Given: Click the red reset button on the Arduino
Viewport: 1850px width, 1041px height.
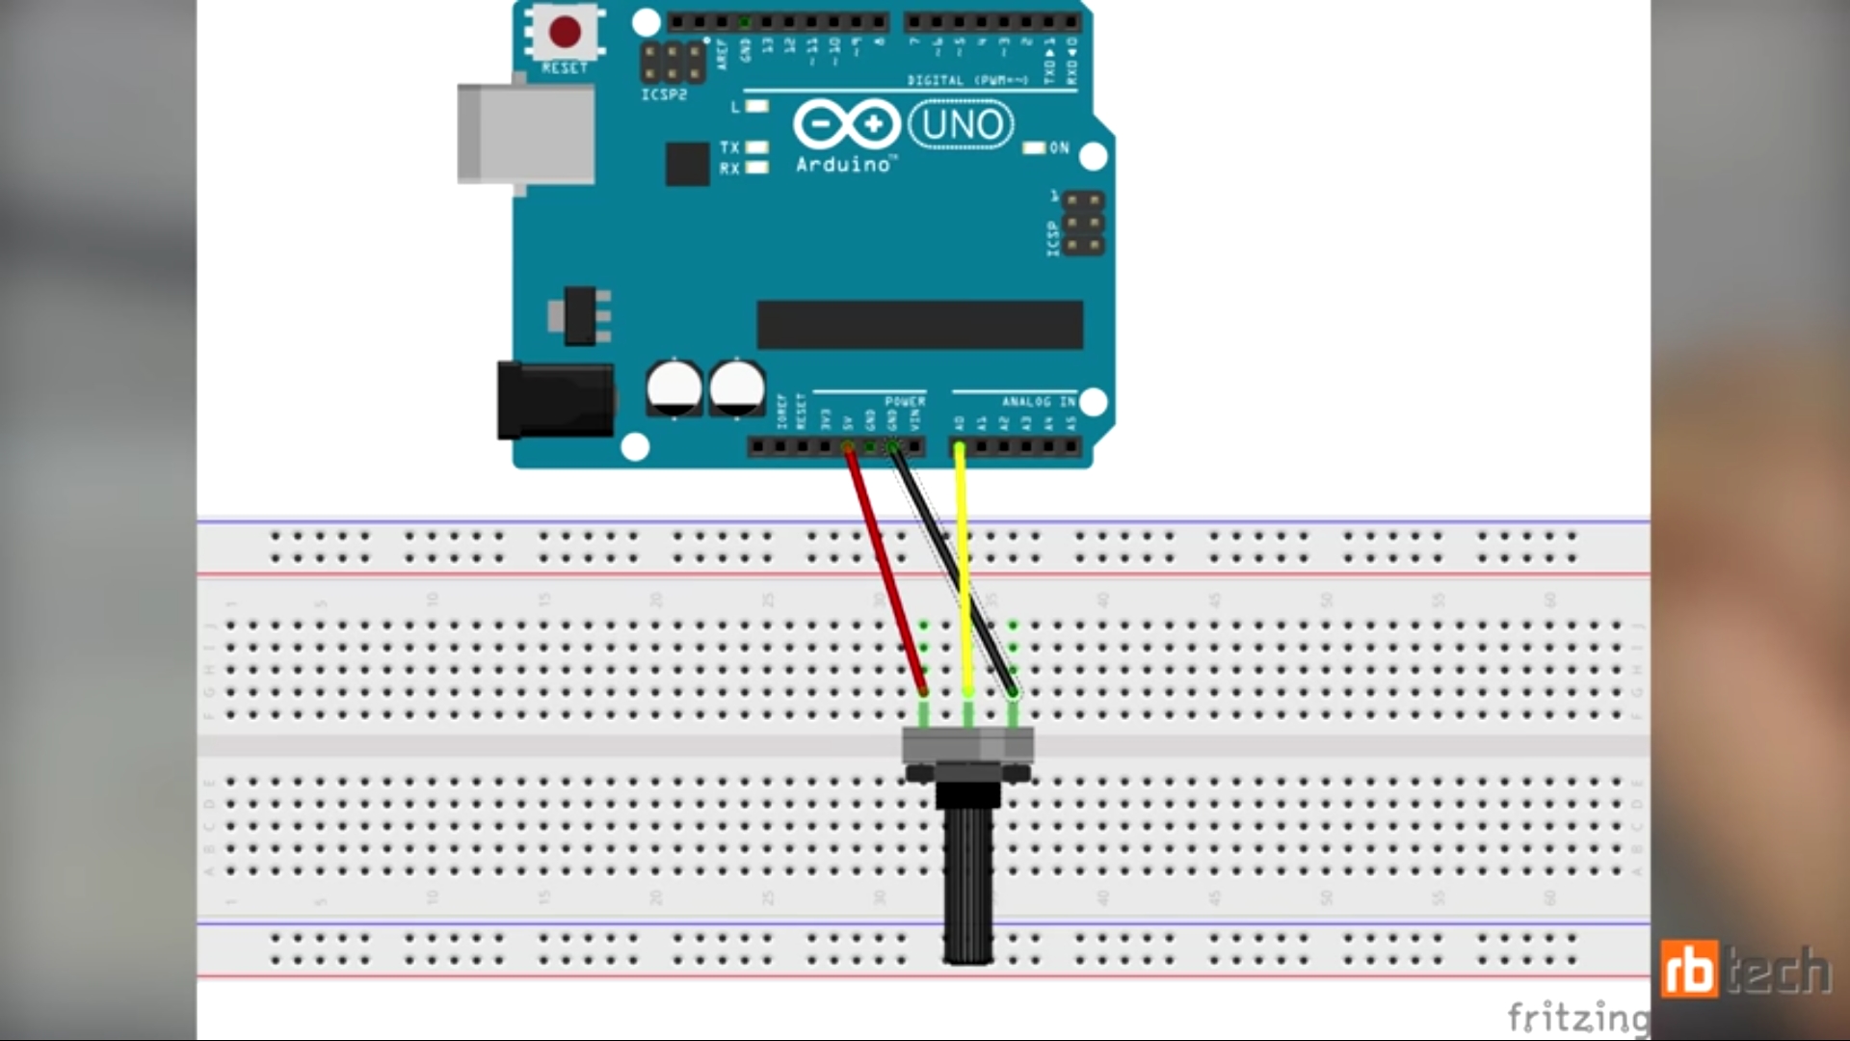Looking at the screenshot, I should pyautogui.click(x=565, y=32).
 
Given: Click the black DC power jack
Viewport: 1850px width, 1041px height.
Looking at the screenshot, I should pyautogui.click(x=554, y=399).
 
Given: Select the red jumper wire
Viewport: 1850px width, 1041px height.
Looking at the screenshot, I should pyautogui.click(x=885, y=569).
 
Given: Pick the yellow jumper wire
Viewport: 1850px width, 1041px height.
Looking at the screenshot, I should pyautogui.click(x=962, y=569).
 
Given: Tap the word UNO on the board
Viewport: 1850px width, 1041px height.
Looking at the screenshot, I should pyautogui.click(x=961, y=125).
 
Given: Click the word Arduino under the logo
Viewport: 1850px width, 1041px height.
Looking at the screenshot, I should pyautogui.click(x=843, y=165).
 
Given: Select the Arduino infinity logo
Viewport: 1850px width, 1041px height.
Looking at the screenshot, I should pyautogui.click(x=846, y=125).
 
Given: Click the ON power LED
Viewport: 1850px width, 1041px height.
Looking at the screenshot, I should pyautogui.click(x=1034, y=148).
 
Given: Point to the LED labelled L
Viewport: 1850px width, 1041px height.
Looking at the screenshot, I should pyautogui.click(x=757, y=106).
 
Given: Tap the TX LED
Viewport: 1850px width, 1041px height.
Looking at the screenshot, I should pyautogui.click(x=757, y=147).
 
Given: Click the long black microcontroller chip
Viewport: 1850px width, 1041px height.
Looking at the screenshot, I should pyautogui.click(x=919, y=324).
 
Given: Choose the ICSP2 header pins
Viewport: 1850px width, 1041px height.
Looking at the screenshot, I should pyautogui.click(x=673, y=63).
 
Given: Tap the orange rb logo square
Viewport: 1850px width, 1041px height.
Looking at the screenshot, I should pyautogui.click(x=1689, y=970).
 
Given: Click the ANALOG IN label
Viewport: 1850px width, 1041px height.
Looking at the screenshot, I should pyautogui.click(x=1038, y=401).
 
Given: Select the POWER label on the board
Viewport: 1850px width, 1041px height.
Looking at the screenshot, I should pyautogui.click(x=905, y=401).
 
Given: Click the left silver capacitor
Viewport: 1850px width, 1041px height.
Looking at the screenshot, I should pyautogui.click(x=674, y=387).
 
